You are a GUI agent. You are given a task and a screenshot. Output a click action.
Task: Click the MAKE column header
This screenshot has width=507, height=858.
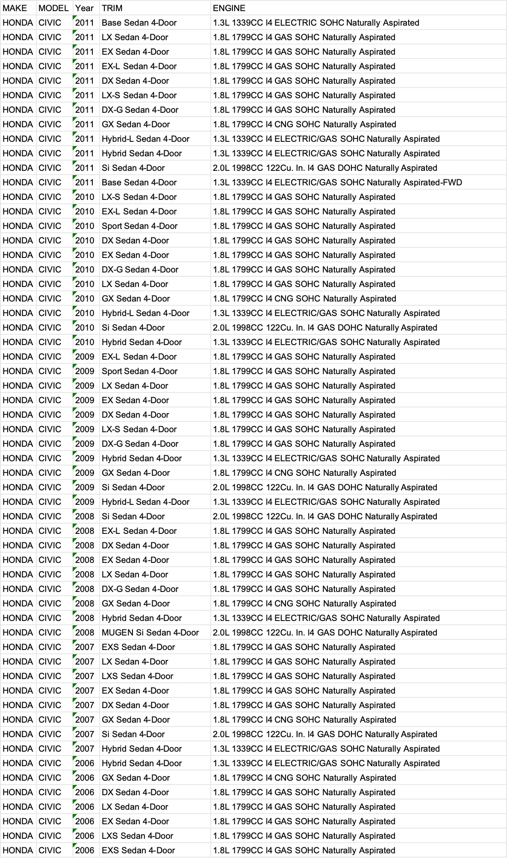[15, 8]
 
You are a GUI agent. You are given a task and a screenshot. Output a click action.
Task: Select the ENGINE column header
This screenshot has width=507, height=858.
[229, 8]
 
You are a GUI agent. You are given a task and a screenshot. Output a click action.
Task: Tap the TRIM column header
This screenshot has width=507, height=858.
[112, 8]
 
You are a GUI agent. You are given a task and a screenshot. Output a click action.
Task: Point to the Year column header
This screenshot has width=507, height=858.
[84, 8]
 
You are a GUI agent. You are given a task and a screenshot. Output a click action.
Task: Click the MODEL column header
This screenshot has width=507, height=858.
[53, 8]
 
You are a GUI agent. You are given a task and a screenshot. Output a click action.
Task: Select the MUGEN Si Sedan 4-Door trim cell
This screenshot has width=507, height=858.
[150, 633]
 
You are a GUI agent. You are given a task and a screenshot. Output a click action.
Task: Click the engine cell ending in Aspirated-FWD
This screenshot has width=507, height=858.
[337, 182]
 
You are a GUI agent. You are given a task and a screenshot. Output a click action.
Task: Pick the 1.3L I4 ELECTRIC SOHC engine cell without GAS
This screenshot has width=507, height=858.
[316, 23]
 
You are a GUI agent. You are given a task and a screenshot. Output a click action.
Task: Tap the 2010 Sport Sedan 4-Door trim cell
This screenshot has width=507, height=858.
[139, 226]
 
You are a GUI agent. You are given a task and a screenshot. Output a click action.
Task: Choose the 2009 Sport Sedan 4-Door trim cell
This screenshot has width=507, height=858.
[139, 371]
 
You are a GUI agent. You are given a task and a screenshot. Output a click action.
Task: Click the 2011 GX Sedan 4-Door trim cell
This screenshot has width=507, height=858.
[136, 124]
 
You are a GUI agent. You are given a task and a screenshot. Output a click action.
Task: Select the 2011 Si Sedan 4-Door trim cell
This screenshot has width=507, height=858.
[133, 168]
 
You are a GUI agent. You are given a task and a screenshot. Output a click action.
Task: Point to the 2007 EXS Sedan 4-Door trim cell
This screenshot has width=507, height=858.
[138, 647]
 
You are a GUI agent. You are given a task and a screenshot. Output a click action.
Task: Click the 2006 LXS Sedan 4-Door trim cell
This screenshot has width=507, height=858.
[137, 836]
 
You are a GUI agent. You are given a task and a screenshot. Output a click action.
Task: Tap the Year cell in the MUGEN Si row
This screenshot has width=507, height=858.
[85, 633]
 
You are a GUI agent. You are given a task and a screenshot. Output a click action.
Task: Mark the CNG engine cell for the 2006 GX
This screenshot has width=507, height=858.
[304, 778]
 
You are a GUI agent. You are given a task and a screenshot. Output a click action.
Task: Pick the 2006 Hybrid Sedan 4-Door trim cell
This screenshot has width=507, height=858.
[141, 763]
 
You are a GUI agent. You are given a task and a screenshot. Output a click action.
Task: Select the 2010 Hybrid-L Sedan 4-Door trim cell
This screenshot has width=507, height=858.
[145, 313]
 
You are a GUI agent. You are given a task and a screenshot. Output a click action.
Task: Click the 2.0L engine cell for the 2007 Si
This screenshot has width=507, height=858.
[325, 734]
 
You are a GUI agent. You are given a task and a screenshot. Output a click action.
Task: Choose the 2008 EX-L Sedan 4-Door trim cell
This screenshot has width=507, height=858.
[139, 531]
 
